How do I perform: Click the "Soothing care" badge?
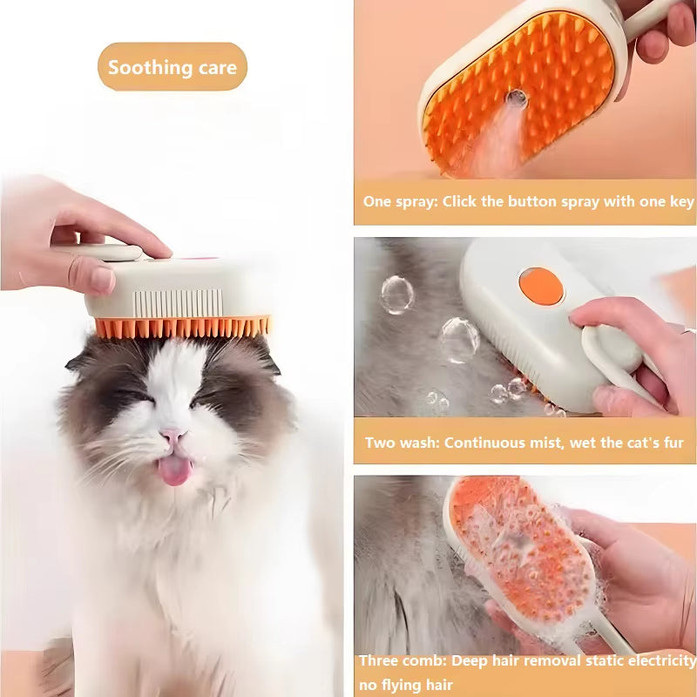click(173, 67)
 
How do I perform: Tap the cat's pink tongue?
click(174, 470)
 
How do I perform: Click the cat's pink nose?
click(172, 436)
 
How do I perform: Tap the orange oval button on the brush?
click(540, 286)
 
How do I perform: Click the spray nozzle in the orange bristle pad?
click(518, 99)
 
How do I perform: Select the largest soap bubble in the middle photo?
click(459, 340)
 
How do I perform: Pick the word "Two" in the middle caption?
click(379, 443)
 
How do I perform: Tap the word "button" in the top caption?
click(533, 202)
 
